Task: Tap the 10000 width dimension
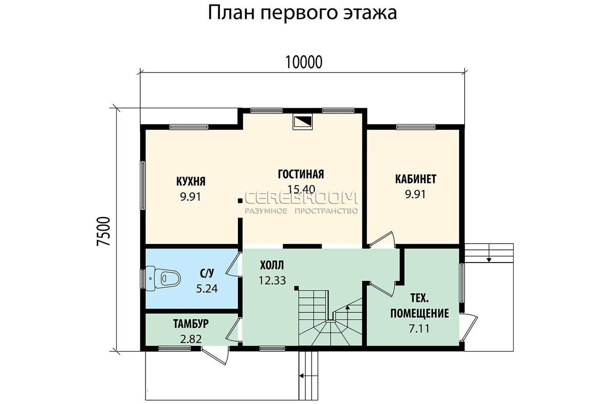pyautogui.click(x=304, y=62)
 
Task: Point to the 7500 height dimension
pyautogui.click(x=103, y=231)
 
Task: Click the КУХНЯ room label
pyautogui.click(x=191, y=181)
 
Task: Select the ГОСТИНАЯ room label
pyautogui.click(x=301, y=174)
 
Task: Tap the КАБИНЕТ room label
pyautogui.click(x=416, y=179)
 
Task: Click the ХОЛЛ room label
pyautogui.click(x=272, y=265)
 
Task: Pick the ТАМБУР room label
pyautogui.click(x=191, y=324)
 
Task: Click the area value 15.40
pyautogui.click(x=301, y=189)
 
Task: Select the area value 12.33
pyautogui.click(x=272, y=281)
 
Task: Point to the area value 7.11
pyautogui.click(x=419, y=329)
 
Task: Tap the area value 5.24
pyautogui.click(x=207, y=289)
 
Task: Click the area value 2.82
pyautogui.click(x=191, y=339)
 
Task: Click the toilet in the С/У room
pyautogui.click(x=163, y=278)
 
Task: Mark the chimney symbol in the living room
pyautogui.click(x=303, y=122)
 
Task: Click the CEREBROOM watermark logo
pyautogui.click(x=301, y=198)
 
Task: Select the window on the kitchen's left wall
pyautogui.click(x=143, y=185)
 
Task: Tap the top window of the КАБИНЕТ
pyautogui.click(x=416, y=127)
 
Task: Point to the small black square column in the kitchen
pyautogui.click(x=240, y=201)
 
